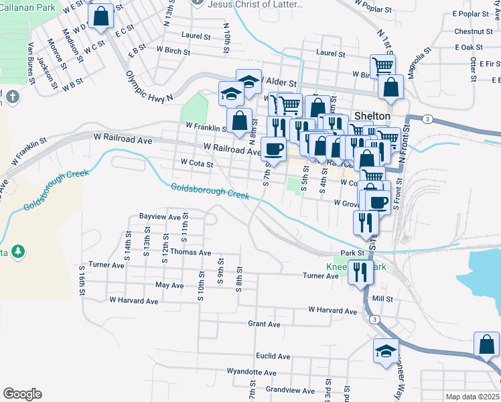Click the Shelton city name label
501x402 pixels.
[372, 115]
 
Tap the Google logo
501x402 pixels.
[22, 394]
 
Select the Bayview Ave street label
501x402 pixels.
[160, 217]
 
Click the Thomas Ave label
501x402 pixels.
[190, 253]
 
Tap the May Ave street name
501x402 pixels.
[169, 285]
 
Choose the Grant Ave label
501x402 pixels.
[264, 324]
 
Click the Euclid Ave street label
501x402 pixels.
[273, 356]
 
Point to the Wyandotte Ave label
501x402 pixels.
[251, 372]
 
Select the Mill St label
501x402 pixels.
[382, 299]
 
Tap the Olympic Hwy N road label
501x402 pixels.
[151, 84]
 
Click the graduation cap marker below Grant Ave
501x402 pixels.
[386, 350]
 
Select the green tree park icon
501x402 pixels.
[19, 251]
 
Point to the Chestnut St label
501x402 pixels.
[473, 31]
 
